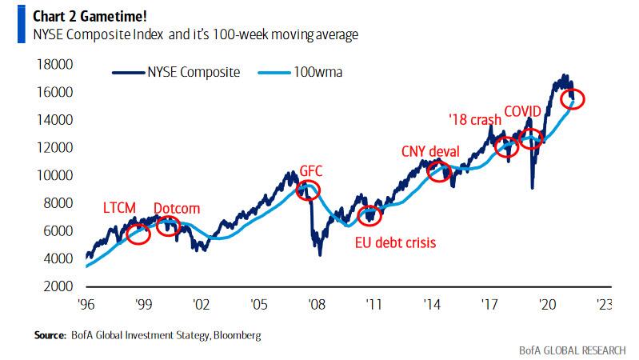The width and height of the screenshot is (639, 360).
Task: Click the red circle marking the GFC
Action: pos(308,190)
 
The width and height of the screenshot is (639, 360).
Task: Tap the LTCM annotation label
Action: pos(123,208)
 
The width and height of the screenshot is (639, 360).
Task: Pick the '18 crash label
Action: pos(474,120)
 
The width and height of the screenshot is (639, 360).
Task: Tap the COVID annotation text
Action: pos(523,110)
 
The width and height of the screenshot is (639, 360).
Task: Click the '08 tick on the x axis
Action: pos(316,304)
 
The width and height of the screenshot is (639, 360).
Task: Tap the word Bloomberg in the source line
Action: pos(236,335)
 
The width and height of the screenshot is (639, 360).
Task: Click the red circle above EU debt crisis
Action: pos(369,215)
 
